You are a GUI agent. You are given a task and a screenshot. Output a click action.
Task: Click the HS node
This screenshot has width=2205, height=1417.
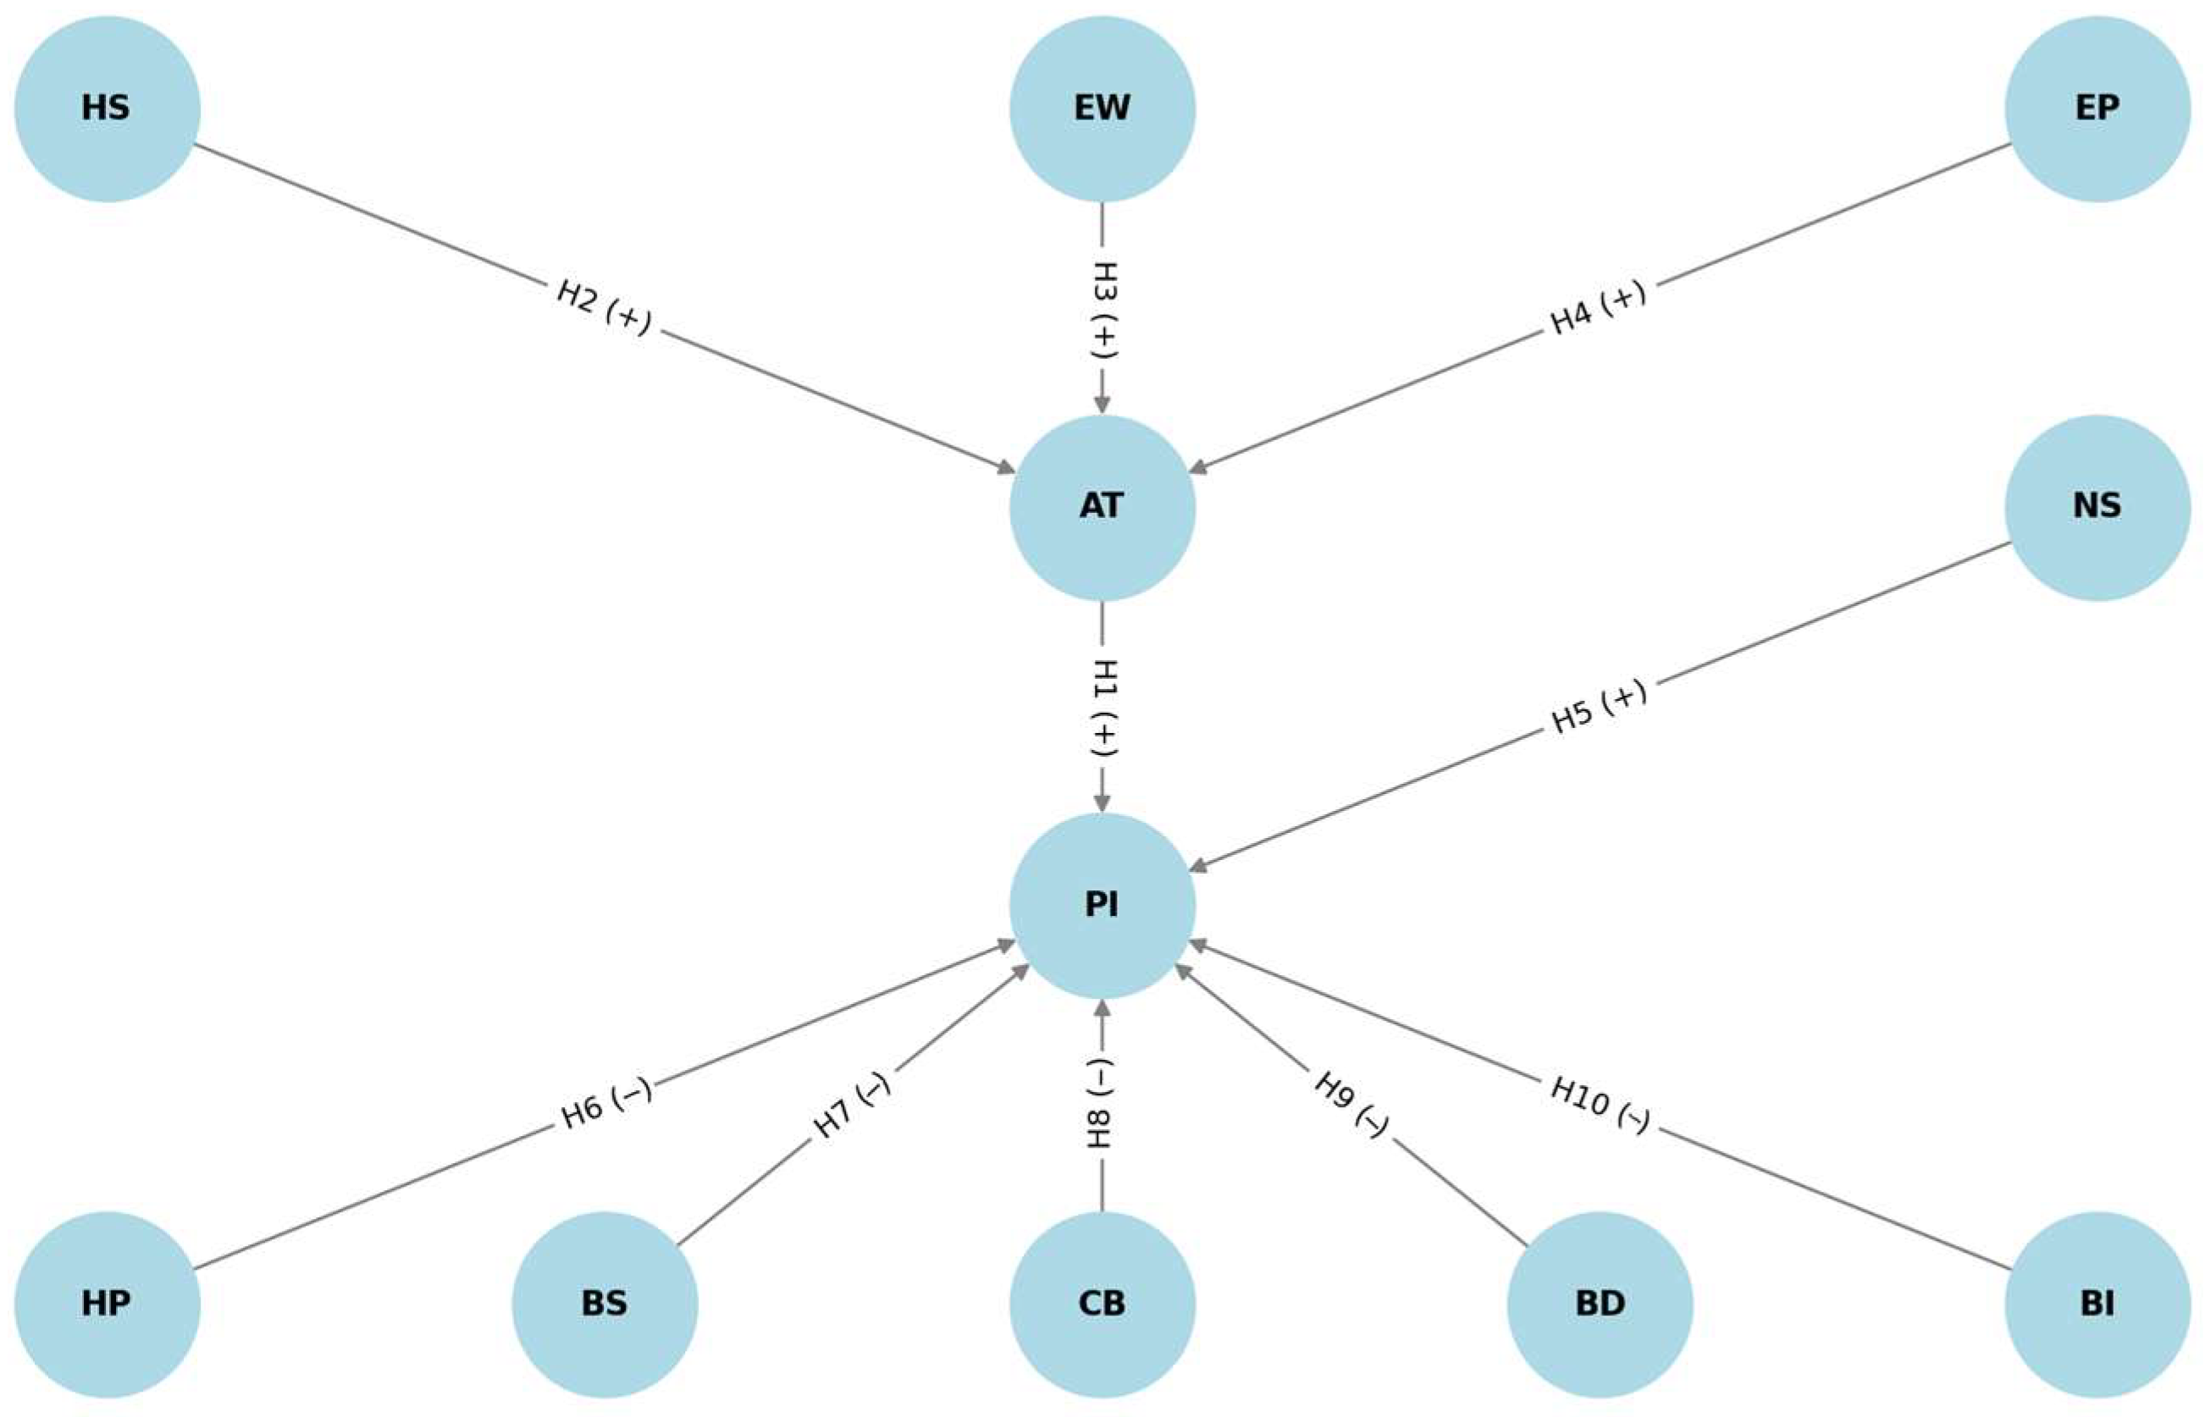coord(107,108)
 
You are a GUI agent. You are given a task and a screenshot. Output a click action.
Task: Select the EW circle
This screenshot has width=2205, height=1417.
coord(1102,108)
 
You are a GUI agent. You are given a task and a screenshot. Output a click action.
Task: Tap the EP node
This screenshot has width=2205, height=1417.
coord(2097,108)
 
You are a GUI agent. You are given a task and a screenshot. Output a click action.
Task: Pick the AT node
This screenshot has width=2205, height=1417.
coord(1102,507)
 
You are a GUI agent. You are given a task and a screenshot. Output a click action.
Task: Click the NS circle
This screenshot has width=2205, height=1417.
coord(2097,507)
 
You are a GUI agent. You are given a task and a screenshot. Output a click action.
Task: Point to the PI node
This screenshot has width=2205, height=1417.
coord(1102,906)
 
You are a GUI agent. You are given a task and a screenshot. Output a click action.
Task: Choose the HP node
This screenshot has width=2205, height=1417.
coord(107,1304)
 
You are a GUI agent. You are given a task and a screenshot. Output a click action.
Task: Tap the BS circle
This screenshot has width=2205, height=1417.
coord(605,1304)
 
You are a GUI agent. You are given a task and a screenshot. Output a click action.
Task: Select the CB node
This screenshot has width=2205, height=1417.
coord(1102,1304)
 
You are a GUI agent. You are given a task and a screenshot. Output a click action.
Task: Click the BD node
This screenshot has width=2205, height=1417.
coord(1600,1304)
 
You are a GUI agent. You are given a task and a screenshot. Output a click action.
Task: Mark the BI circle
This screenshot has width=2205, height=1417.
coord(2097,1304)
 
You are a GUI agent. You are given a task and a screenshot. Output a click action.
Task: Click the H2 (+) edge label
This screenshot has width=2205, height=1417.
coord(604,307)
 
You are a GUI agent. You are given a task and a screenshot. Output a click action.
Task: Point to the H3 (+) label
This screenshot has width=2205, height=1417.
coord(1102,308)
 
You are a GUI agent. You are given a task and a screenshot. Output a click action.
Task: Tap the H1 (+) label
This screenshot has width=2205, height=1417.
coord(1102,707)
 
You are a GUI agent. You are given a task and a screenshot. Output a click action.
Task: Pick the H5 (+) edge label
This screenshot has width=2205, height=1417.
coord(1599,707)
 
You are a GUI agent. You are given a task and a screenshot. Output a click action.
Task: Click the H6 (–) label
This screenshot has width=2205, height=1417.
coord(605,1104)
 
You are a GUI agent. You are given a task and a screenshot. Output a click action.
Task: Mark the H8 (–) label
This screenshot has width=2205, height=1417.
coord(1102,1104)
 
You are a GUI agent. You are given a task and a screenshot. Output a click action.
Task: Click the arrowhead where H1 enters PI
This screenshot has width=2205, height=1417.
coord(1102,802)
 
